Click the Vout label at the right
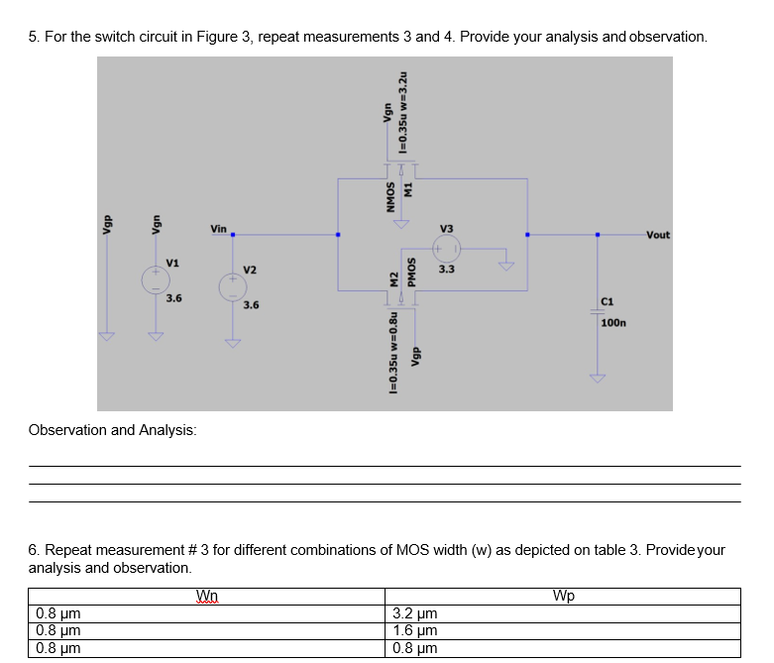point(657,235)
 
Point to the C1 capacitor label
point(608,301)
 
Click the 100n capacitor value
point(612,323)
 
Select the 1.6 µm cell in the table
point(413,631)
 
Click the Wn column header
point(207,596)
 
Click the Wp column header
point(563,596)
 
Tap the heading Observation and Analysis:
point(113,430)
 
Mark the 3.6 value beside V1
point(173,297)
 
